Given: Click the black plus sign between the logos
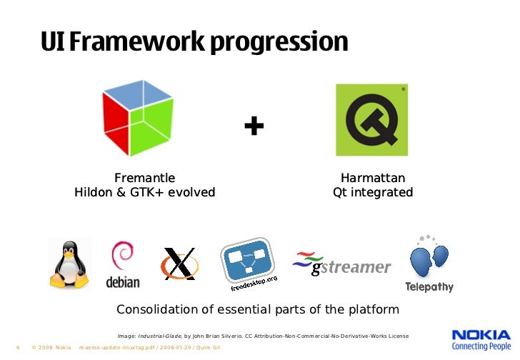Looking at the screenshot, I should [x=254, y=127].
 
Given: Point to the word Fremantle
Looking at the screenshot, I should [x=144, y=178].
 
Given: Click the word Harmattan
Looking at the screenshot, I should [x=373, y=178].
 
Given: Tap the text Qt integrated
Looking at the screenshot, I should [x=373, y=193].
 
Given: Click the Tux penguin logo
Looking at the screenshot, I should [x=69, y=264].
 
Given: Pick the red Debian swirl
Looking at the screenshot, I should [x=121, y=257].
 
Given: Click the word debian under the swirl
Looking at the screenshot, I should [x=123, y=281].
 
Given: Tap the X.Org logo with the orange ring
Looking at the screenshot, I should [x=179, y=264].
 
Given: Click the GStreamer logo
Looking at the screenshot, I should [x=343, y=265].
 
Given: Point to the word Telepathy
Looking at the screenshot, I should [x=429, y=287].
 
